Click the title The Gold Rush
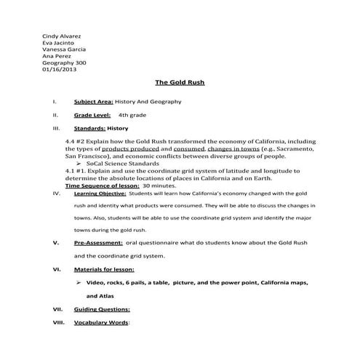pyautogui.click(x=180, y=84)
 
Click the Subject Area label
pyautogui.click(x=94, y=102)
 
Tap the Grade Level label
pyautogui.click(x=92, y=115)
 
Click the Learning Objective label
pyautogui.click(x=99, y=195)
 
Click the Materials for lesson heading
pyautogui.click(x=104, y=269)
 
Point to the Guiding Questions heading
pyautogui.click(x=102, y=309)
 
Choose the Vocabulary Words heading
pyautogui.click(x=101, y=322)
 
